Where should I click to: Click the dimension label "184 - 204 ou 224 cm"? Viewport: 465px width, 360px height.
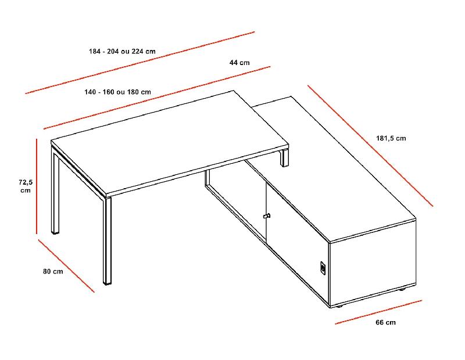122,51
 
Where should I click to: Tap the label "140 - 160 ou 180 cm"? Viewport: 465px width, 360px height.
118,92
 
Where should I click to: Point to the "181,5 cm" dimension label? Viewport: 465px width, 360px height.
391,138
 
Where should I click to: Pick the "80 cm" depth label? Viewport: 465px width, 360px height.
53,271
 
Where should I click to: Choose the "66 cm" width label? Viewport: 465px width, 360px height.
386,322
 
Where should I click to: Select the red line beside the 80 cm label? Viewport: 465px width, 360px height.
66,265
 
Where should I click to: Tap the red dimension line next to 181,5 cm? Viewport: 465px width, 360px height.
370,146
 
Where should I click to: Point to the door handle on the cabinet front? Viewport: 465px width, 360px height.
267,216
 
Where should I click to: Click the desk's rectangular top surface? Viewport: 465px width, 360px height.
169,142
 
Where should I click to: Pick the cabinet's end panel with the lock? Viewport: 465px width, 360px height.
372,261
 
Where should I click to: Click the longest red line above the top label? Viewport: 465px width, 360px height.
139,62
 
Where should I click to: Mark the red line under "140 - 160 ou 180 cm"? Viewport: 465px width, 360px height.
157,97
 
